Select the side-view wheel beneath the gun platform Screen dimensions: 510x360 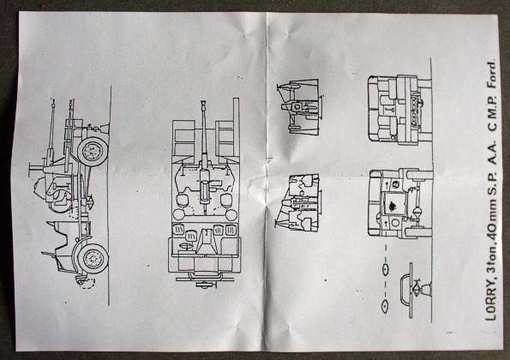coord(93,152)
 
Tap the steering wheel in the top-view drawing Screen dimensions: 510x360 coord(185,247)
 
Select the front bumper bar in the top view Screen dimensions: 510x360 coord(205,279)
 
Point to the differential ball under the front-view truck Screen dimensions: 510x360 coord(417,213)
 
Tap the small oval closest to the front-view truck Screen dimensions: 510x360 coord(386,269)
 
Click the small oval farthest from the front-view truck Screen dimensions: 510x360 coord(386,305)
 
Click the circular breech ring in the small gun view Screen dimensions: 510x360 coord(297,107)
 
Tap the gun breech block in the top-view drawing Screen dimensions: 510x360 coord(204,192)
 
